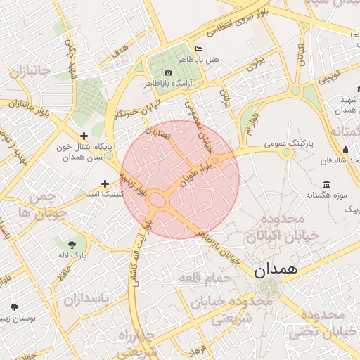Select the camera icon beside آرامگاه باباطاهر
(x=168, y=73)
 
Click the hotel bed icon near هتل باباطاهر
(x=198, y=49)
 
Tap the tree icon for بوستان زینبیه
(x=14, y=307)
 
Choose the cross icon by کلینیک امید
(x=105, y=184)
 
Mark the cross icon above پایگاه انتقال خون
(x=84, y=136)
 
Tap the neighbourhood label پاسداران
(x=87, y=300)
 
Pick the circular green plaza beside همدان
(x=268, y=287)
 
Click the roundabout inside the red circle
(x=159, y=201)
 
